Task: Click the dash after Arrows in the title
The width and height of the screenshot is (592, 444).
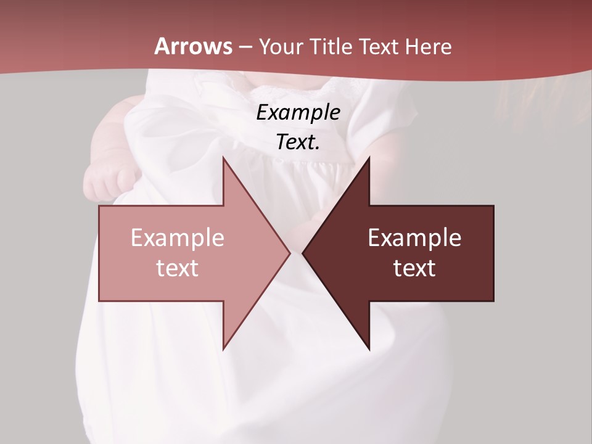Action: [245, 47]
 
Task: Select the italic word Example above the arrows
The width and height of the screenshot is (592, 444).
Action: [298, 113]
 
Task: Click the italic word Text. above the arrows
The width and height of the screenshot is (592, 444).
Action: [298, 142]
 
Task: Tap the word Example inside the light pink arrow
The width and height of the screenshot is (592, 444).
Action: [178, 238]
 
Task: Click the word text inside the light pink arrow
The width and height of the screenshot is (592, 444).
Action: [178, 268]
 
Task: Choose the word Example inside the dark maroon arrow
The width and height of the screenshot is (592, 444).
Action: [414, 238]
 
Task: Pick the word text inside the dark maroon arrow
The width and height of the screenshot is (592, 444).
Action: [414, 268]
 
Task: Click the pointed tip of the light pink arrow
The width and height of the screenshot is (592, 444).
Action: [290, 253]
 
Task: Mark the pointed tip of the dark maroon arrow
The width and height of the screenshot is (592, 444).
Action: [303, 253]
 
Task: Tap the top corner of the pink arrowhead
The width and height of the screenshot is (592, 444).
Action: [223, 158]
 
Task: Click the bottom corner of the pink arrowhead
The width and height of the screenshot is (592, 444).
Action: [223, 349]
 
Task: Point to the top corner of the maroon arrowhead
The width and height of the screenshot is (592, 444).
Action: [369, 158]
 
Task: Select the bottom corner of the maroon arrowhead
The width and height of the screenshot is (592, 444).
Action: [369, 349]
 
